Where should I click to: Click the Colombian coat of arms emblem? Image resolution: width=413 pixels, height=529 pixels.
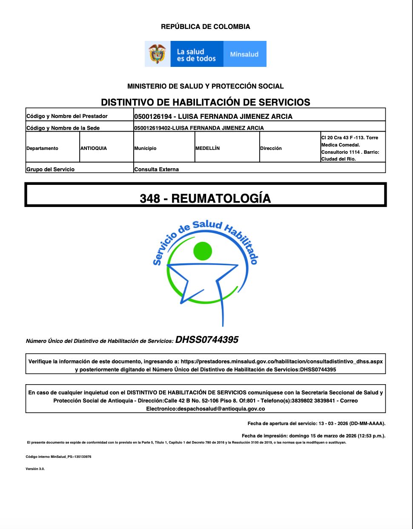[158, 54]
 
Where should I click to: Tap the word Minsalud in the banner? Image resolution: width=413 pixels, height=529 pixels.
[244, 54]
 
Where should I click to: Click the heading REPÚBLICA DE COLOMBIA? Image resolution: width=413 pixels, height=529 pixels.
[206, 26]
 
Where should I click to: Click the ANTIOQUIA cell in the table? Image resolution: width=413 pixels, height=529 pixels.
[94, 148]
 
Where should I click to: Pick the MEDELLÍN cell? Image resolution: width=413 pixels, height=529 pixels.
[208, 148]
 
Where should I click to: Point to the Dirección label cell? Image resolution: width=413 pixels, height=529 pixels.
[271, 148]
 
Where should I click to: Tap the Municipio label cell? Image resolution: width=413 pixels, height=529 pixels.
[145, 148]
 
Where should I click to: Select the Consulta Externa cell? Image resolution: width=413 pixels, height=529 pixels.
[157, 169]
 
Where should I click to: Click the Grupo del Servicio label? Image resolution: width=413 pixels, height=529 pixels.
[51, 169]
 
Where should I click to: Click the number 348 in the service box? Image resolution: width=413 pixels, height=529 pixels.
[150, 198]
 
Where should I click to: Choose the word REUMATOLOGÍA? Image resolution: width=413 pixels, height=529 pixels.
[221, 198]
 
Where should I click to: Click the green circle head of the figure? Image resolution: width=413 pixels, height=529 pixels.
[203, 251]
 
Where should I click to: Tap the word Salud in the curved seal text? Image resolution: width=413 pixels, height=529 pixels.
[207, 225]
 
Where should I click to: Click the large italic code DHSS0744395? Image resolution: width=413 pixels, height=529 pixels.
[207, 339]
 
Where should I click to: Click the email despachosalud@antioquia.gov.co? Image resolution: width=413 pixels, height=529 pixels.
[206, 408]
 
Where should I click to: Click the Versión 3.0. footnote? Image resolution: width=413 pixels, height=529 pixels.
[35, 469]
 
